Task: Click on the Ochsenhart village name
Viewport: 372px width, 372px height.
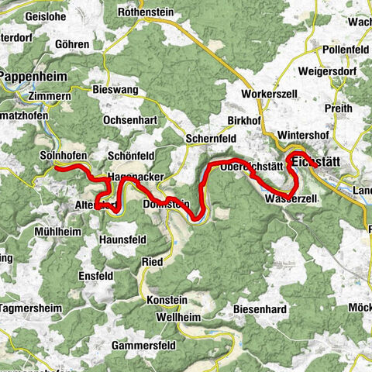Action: (133, 121)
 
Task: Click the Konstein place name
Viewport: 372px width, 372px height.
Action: (166, 300)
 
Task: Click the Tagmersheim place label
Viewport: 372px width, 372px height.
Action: (31, 307)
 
